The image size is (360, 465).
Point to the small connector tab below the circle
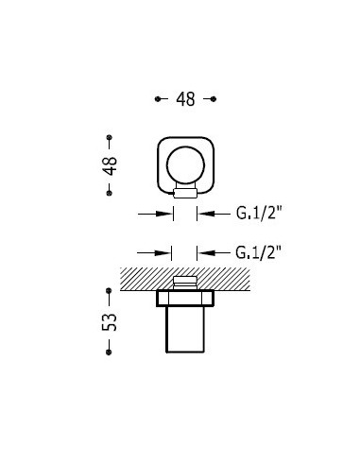pyautogui.click(x=184, y=193)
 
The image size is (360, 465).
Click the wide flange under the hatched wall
pyautogui.click(x=184, y=300)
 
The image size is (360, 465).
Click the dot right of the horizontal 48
pyautogui.click(x=215, y=98)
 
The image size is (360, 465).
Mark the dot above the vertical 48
pyautogui.click(x=110, y=135)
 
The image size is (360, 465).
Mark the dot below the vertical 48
pyautogui.click(x=110, y=196)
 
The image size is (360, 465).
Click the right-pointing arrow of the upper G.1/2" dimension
pyautogui.click(x=162, y=215)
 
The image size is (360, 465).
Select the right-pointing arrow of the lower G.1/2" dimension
pyautogui.click(x=162, y=252)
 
